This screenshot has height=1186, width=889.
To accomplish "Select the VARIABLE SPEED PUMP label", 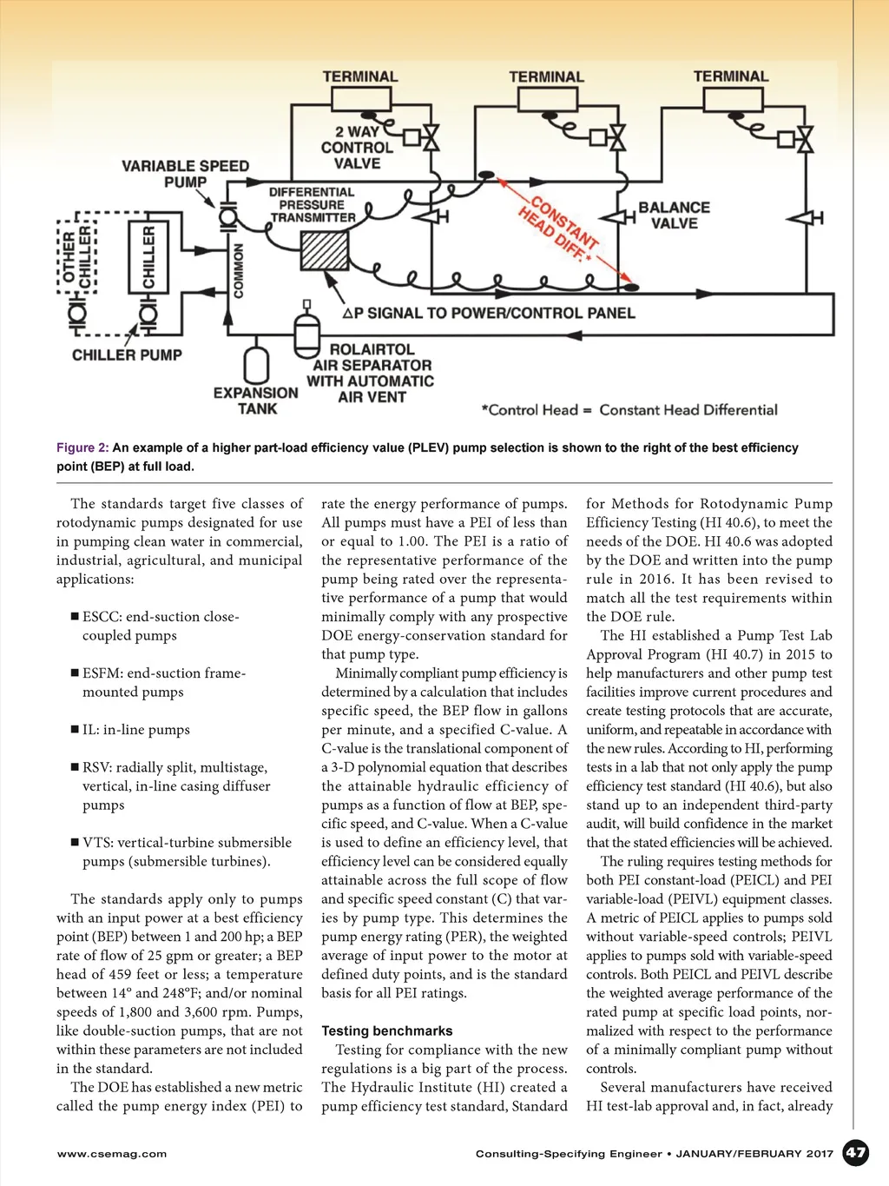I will pyautogui.click(x=185, y=174).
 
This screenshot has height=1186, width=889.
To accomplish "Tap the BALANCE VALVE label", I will pyautogui.click(x=674, y=215).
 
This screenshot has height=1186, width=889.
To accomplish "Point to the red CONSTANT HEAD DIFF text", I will pyautogui.click(x=560, y=229).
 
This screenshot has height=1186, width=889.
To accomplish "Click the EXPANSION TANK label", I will pyautogui.click(x=256, y=401).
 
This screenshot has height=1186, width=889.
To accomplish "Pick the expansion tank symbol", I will pyautogui.click(x=256, y=365).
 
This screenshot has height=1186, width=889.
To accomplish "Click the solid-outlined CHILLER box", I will pyautogui.click(x=148, y=257).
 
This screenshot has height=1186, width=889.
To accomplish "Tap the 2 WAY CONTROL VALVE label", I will pyautogui.click(x=357, y=148).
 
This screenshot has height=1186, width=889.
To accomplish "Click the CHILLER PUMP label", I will pyautogui.click(x=127, y=354).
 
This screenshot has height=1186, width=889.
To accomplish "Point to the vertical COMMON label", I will pyautogui.click(x=239, y=270).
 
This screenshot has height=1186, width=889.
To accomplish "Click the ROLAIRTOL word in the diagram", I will pyautogui.click(x=372, y=349).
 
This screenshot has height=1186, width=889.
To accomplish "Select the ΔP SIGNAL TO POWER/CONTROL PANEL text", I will pyautogui.click(x=489, y=313).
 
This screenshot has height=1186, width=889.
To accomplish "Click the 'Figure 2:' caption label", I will pyautogui.click(x=82, y=447).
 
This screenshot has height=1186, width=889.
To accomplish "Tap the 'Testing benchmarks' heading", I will pyautogui.click(x=386, y=1030).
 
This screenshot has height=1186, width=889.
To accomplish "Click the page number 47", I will pyautogui.click(x=855, y=1153).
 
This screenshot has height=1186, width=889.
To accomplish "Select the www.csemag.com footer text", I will pyautogui.click(x=111, y=1154).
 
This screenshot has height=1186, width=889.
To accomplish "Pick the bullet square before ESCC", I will pyautogui.click(x=75, y=617).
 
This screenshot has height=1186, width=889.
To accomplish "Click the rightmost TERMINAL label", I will pyautogui.click(x=730, y=76).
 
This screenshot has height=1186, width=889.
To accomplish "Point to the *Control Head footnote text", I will pyautogui.click(x=629, y=410).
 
